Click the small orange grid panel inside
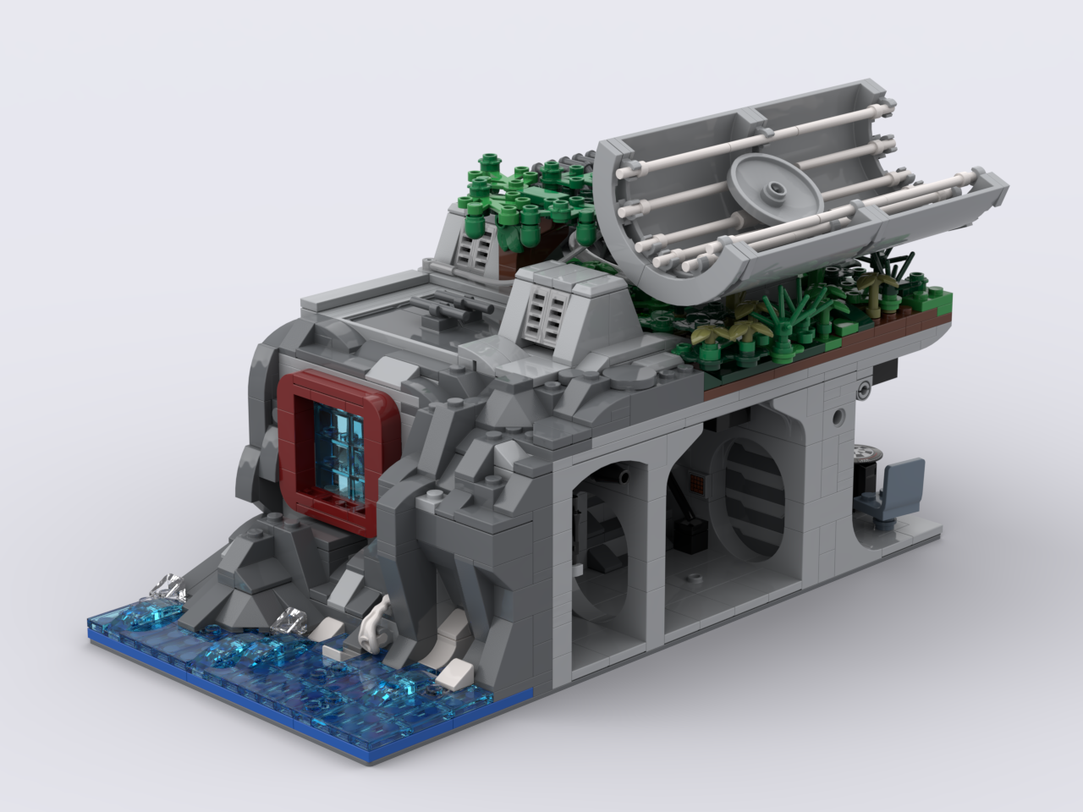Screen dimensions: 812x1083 tap(698, 485)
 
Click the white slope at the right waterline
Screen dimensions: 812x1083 tap(454, 673)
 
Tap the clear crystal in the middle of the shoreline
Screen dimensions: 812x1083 tap(292, 622)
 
